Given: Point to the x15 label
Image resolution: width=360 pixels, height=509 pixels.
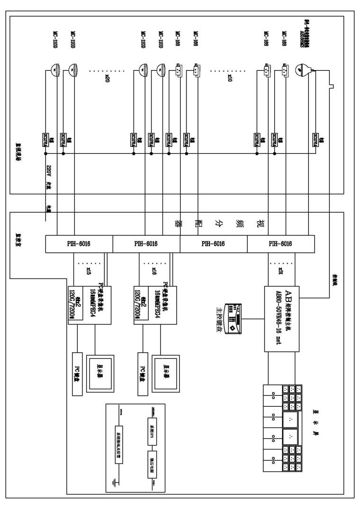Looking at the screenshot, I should (x=88, y=270).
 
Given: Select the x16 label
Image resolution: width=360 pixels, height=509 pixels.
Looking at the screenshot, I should (x=154, y=270).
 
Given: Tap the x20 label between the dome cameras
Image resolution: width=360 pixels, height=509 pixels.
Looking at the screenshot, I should (x=107, y=79).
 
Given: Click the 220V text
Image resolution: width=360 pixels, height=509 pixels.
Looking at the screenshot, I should (x=48, y=170).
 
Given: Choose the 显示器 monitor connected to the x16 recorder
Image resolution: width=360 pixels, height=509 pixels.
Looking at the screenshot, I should (x=166, y=368).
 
